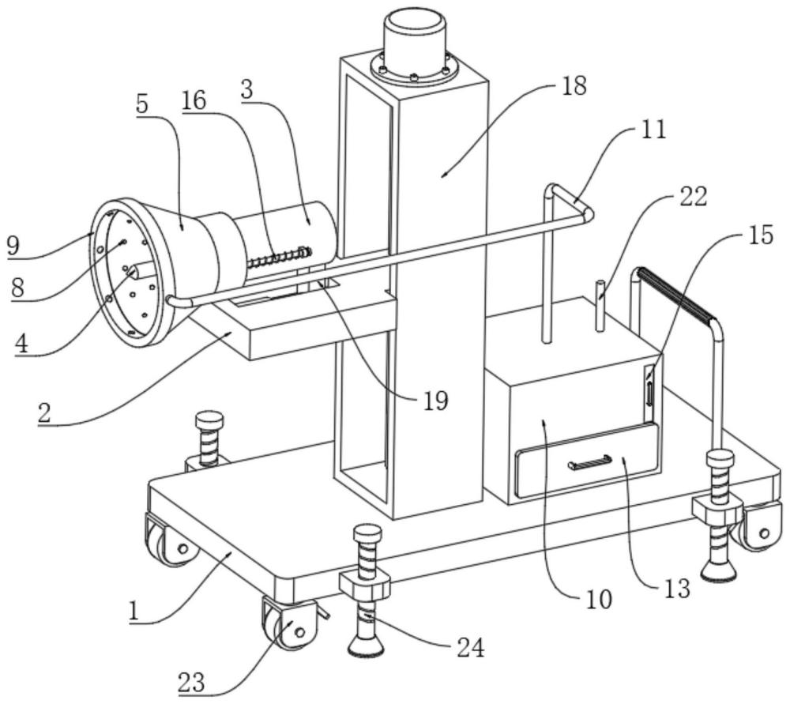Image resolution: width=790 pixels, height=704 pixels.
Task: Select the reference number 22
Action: (693, 197)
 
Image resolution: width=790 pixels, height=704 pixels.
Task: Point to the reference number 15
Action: (759, 235)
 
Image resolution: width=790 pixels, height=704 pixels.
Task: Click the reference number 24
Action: (471, 648)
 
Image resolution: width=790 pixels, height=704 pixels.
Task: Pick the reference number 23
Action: (191, 683)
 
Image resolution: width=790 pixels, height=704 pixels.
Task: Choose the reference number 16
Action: (194, 101)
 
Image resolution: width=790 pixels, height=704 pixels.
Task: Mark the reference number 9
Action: (13, 246)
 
